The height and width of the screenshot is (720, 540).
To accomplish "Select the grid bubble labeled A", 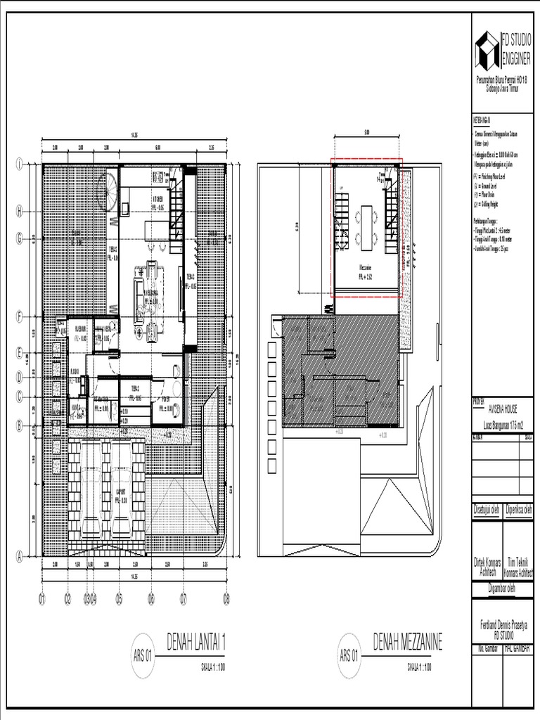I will pyautogui.click(x=20, y=555).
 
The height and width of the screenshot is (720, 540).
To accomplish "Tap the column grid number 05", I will pyautogui.click(x=120, y=599).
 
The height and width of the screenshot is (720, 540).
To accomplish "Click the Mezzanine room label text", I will pyautogui.click(x=366, y=267).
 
